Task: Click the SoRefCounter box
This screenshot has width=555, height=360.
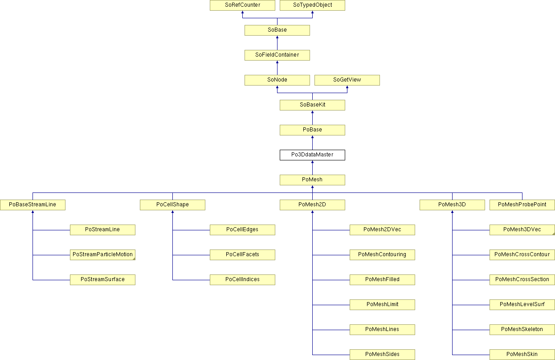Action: pos(242,5)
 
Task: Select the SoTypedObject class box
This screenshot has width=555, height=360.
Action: pos(312,5)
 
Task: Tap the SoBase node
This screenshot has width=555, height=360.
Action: pos(277,30)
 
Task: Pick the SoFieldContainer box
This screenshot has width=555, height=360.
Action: pos(277,55)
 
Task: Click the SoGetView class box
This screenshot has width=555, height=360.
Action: pos(347,80)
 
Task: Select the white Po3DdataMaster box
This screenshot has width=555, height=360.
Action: pos(312,155)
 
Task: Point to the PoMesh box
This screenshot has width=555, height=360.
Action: pos(312,180)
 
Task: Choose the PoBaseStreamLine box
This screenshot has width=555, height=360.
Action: pos(33,205)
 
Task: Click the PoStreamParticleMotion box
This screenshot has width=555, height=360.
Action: pos(102,255)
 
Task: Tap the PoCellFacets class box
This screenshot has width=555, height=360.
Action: pos(242,255)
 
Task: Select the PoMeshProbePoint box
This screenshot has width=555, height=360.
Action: pos(522,205)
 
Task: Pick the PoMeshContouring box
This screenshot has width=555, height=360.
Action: pos(382,255)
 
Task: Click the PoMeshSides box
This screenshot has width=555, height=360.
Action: pos(382,355)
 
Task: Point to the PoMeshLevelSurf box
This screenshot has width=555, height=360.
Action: pos(522,305)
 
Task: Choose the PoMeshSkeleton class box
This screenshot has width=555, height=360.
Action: pos(522,330)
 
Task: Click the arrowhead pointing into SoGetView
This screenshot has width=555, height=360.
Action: pos(347,87)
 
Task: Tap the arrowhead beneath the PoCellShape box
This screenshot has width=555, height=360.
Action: pos(172,212)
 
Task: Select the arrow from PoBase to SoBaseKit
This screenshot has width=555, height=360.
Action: pos(312,118)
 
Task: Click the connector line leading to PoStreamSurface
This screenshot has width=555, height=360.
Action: pos(51,280)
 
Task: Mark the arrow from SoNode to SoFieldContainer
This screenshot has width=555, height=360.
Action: pos(277,68)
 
